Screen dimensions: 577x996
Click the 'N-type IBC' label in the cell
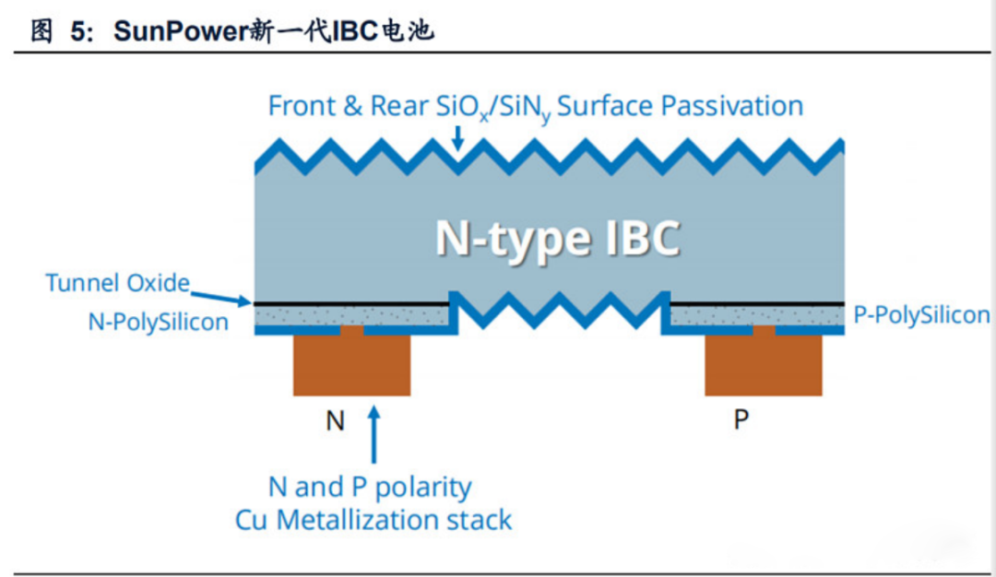(558, 238)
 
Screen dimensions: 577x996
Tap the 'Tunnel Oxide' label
(117, 283)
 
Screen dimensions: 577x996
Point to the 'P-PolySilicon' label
(921, 315)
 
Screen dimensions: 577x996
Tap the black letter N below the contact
(336, 420)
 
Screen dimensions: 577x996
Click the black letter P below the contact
(741, 420)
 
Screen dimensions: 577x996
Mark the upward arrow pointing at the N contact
(373, 433)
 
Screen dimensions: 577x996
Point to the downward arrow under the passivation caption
(457, 138)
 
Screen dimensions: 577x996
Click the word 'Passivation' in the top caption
(729, 106)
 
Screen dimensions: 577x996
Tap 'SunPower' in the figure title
(176, 31)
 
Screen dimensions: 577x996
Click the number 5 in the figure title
(80, 31)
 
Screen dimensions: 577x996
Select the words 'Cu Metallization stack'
(373, 520)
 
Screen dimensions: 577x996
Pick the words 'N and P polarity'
(370, 487)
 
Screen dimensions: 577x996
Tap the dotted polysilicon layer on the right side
(756, 314)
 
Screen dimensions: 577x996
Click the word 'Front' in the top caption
(301, 106)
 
